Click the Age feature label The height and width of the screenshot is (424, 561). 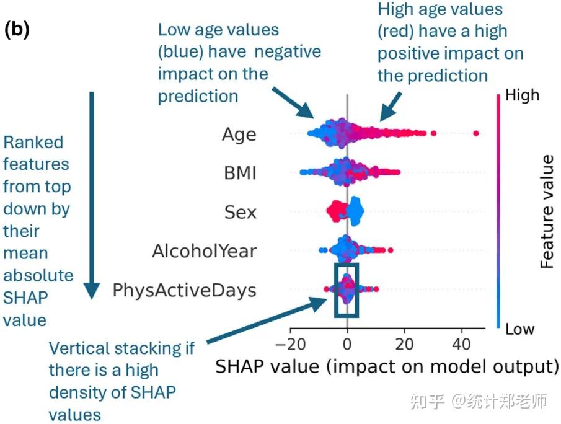pyautogui.click(x=239, y=135)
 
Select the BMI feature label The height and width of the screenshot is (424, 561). pyautogui.click(x=240, y=173)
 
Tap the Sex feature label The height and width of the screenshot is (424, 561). pyautogui.click(x=241, y=212)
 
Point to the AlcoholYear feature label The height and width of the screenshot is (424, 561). pyautogui.click(x=204, y=251)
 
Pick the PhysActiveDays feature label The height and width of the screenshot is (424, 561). pyautogui.click(x=184, y=289)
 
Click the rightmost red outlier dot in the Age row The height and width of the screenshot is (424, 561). pyautogui.click(x=475, y=133)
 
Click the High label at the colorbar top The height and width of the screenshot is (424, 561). pyautogui.click(x=523, y=95)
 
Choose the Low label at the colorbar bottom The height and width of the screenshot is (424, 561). pyautogui.click(x=519, y=329)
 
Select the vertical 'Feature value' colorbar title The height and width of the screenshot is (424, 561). pyautogui.click(x=547, y=211)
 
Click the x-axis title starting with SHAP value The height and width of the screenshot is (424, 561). pyautogui.click(x=387, y=366)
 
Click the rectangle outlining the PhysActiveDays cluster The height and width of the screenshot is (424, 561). pyautogui.click(x=347, y=289)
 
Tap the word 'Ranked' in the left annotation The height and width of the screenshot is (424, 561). pyautogui.click(x=33, y=143)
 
